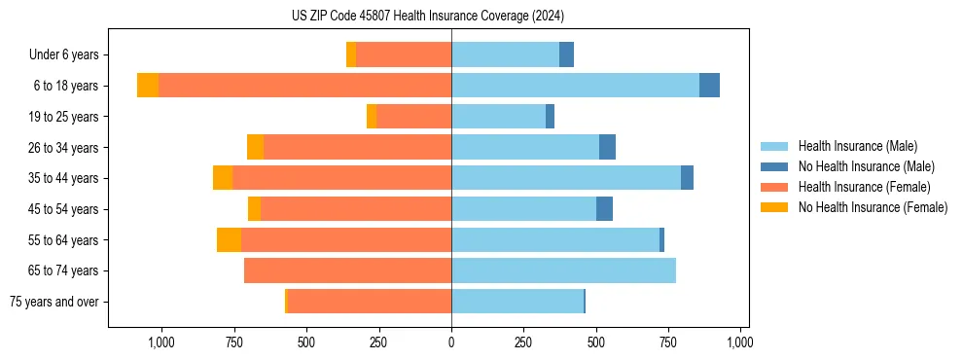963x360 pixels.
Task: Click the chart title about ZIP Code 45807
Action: [427, 16]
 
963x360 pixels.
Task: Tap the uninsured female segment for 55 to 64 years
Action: [229, 239]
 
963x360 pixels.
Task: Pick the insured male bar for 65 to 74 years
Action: [563, 270]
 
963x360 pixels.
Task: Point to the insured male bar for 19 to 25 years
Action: [498, 117]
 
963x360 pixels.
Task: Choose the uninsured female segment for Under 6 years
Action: [351, 54]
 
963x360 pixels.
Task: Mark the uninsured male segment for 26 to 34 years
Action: [607, 147]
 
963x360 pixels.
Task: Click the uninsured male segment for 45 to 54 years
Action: [604, 209]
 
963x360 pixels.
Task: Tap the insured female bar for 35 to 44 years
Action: [341, 178]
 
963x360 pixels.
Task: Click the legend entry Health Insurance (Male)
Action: [857, 146]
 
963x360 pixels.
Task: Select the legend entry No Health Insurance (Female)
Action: [873, 207]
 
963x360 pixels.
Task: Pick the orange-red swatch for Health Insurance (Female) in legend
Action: [774, 187]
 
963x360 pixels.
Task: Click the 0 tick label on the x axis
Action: [451, 342]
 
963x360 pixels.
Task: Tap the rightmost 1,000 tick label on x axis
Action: [740, 342]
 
